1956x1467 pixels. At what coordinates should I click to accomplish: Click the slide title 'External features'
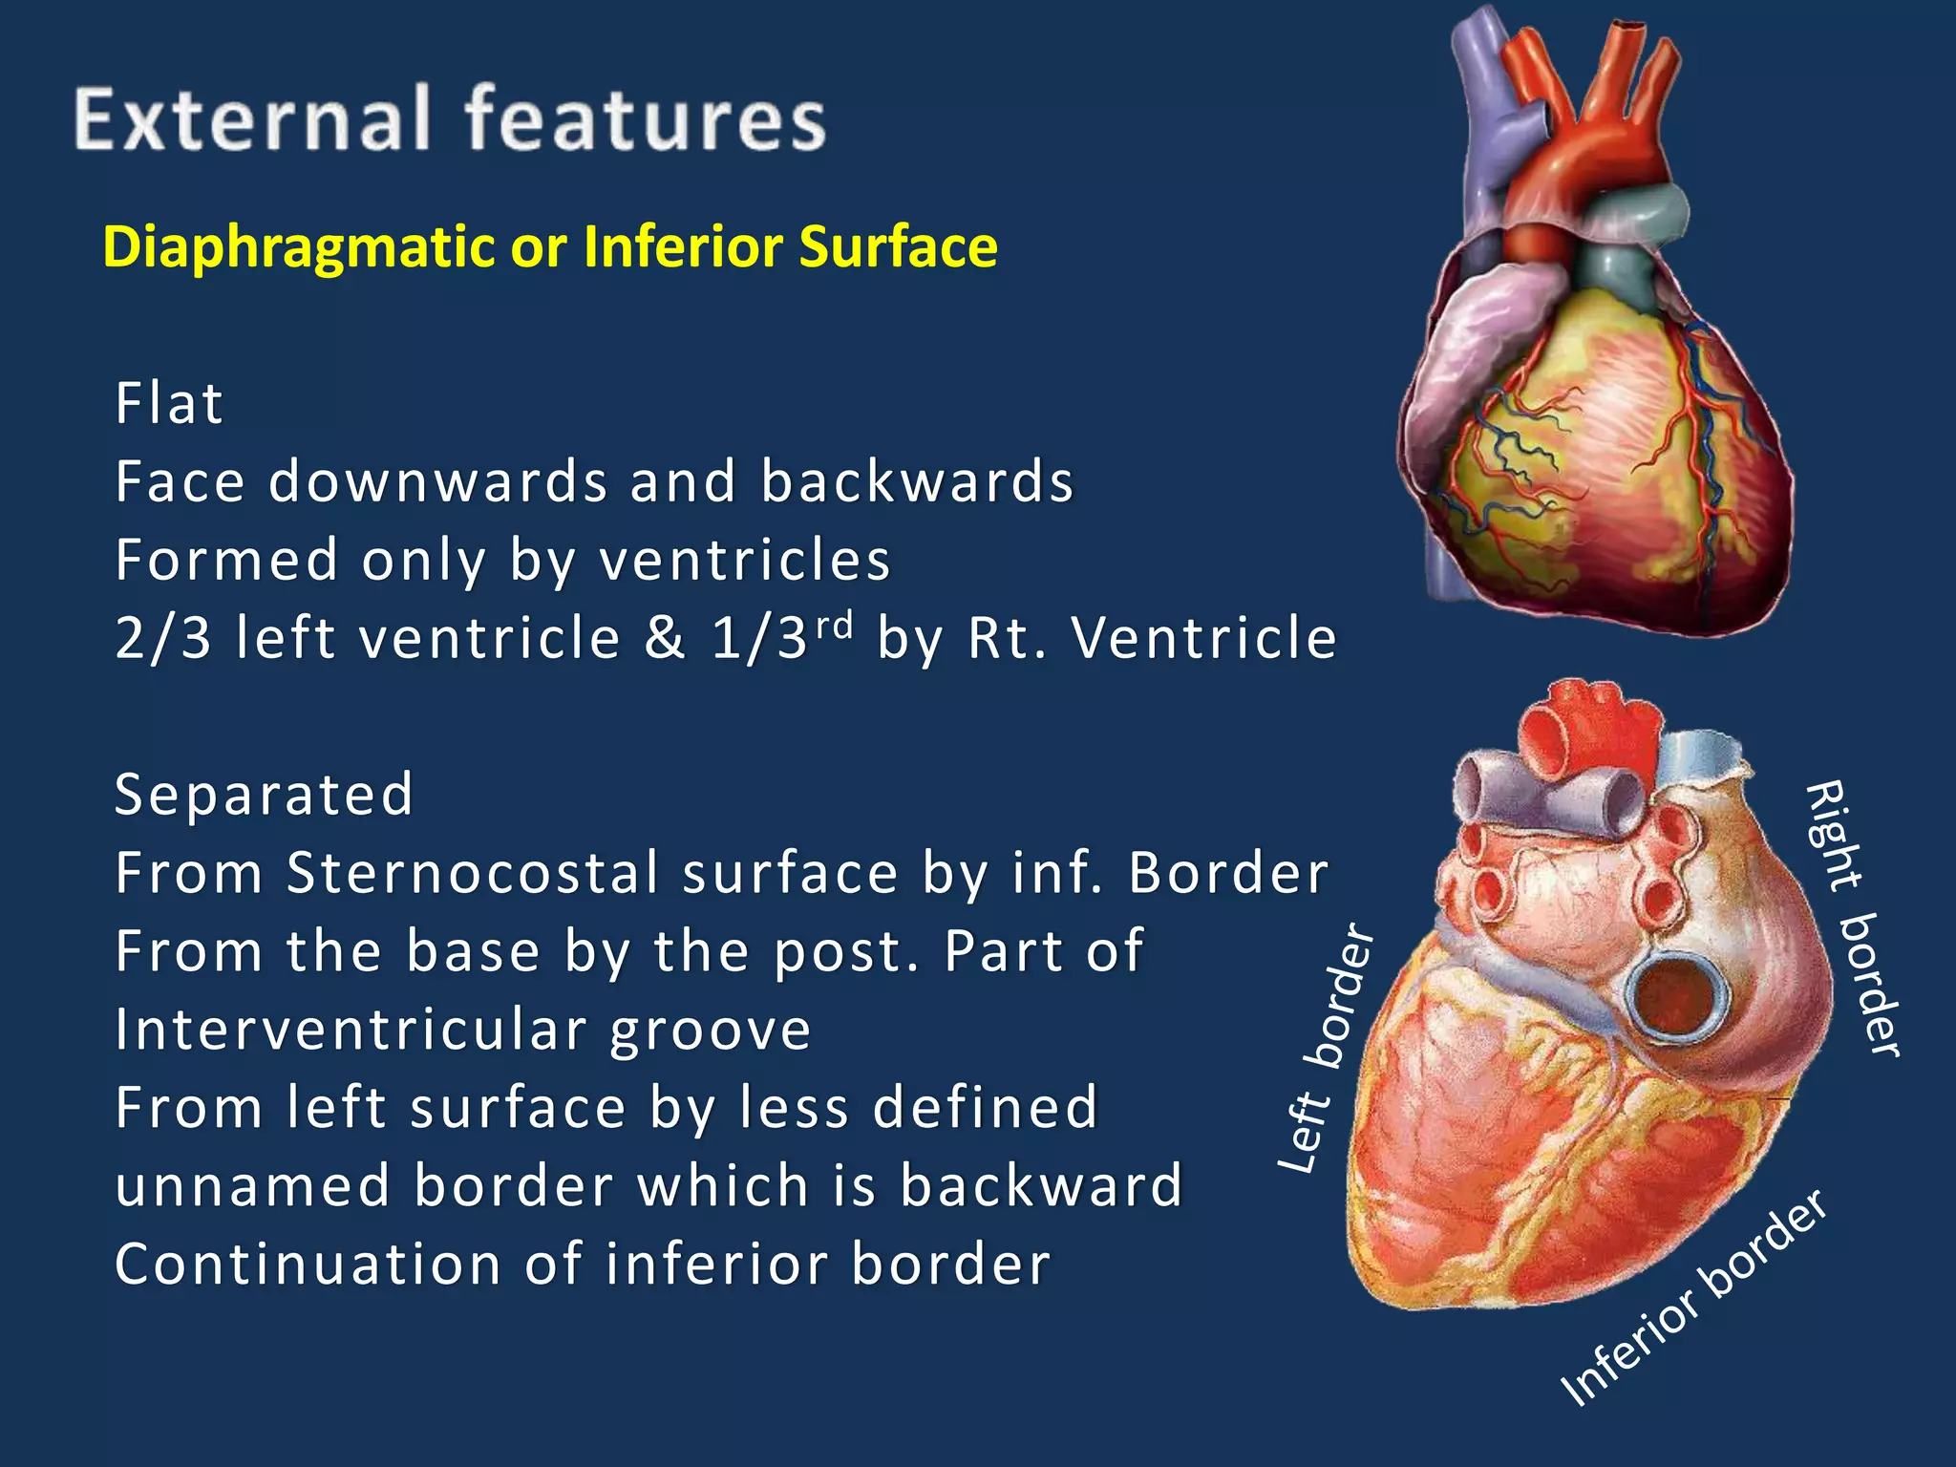(x=450, y=119)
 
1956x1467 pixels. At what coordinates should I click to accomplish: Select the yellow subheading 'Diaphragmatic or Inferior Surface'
(x=550, y=246)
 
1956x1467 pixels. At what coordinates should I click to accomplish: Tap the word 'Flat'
(x=169, y=403)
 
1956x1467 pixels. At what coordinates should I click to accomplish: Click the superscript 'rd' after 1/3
(x=834, y=625)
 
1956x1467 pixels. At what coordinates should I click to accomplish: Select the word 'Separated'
(x=264, y=795)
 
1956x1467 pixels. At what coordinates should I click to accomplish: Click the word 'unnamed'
(x=252, y=1186)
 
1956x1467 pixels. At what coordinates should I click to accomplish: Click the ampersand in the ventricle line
(x=665, y=638)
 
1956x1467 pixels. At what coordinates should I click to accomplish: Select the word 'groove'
(x=711, y=1030)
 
